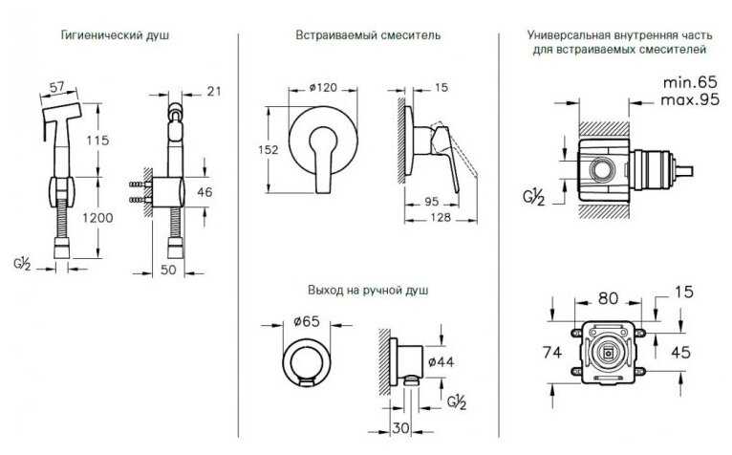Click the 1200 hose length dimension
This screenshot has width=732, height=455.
coord(97,218)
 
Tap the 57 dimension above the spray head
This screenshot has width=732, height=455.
coord(57,87)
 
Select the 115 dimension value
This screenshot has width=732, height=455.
coord(97,140)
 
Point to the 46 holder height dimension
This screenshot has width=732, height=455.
coord(205,191)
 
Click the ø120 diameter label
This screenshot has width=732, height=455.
coord(323,87)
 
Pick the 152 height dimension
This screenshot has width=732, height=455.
coord(268,149)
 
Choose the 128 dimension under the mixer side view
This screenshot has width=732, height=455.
coord(441,217)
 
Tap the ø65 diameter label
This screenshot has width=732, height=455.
coord(306,321)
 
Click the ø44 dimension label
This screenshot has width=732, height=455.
coord(441,361)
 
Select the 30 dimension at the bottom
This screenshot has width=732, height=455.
coord(400,428)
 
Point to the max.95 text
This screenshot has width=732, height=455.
coord(690,99)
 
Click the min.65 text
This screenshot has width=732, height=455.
coord(690,82)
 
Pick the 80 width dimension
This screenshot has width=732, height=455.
coord(608,298)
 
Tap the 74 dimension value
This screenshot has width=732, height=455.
coord(552,352)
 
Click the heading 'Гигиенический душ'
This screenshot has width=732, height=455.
coord(115,35)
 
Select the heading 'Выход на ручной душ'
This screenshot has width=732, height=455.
coord(368,290)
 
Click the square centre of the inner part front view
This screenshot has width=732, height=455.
coord(608,354)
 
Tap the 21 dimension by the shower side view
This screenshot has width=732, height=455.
coord(213,91)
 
